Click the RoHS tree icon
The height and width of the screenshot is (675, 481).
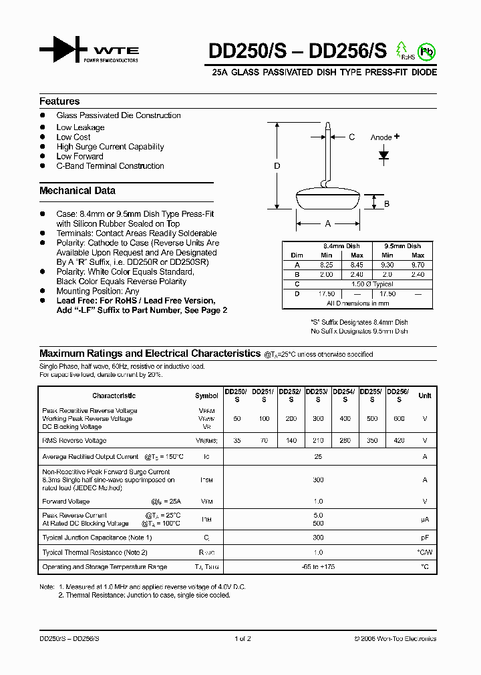402,49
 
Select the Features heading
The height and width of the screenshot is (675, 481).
59,101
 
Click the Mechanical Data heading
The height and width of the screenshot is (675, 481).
77,191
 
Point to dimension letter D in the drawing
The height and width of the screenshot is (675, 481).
277,166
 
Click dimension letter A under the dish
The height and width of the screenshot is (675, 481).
328,224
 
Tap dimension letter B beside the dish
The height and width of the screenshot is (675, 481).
387,204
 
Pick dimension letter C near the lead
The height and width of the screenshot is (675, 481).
351,137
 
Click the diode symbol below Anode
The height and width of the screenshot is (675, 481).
384,155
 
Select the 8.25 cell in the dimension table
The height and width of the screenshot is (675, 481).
327,265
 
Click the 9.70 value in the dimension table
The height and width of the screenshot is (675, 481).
418,265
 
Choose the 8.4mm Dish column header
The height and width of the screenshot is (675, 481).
341,246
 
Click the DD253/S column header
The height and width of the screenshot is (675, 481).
318,396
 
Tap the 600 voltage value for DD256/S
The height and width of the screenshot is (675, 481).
399,418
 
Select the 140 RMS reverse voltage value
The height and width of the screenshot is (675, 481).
291,441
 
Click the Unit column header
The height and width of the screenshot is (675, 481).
424,396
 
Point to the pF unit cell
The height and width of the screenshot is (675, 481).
424,538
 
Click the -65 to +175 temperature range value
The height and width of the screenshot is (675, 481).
318,567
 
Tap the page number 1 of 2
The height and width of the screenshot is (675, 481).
243,638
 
